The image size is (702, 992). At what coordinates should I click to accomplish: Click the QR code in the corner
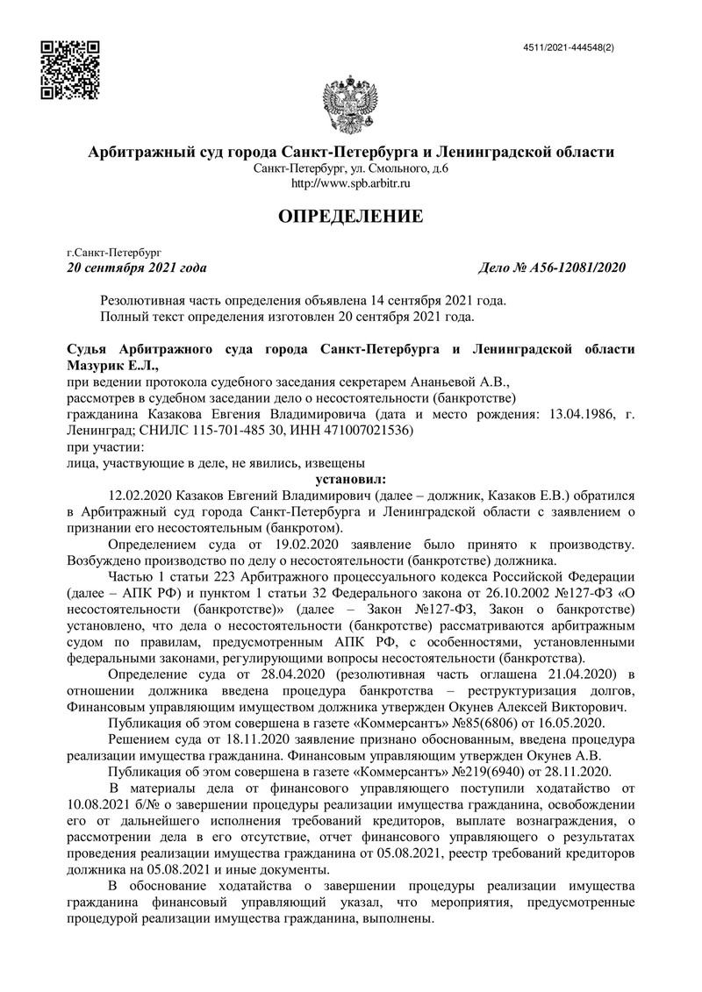(70, 70)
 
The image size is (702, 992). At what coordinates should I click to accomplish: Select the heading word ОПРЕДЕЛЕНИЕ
(351, 216)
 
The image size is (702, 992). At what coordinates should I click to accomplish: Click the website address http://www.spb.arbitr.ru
(351, 183)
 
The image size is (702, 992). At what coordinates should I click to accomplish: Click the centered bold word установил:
(350, 479)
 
